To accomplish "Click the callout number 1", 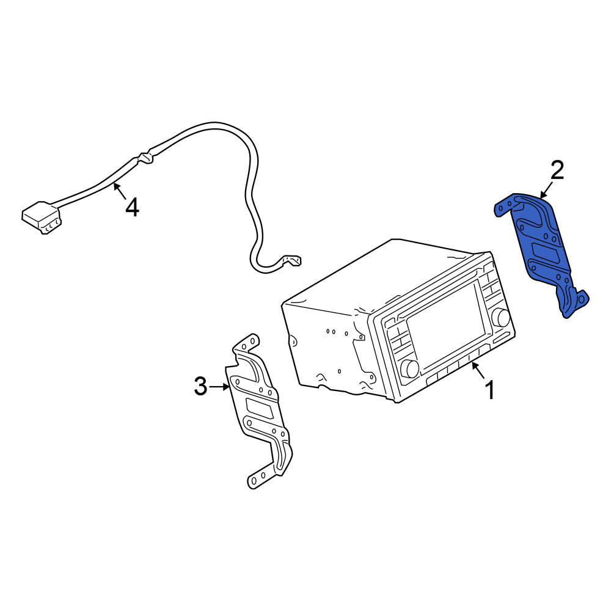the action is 490,390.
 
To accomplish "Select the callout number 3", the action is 200,386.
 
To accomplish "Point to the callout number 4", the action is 132,207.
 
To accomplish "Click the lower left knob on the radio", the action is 410,368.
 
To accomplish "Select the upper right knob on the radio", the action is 501,316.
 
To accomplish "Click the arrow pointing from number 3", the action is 219,387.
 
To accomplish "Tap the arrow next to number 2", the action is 546,190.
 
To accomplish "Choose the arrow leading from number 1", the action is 478,370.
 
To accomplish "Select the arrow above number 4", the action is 120,190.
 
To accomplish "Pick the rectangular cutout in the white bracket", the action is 258,408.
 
